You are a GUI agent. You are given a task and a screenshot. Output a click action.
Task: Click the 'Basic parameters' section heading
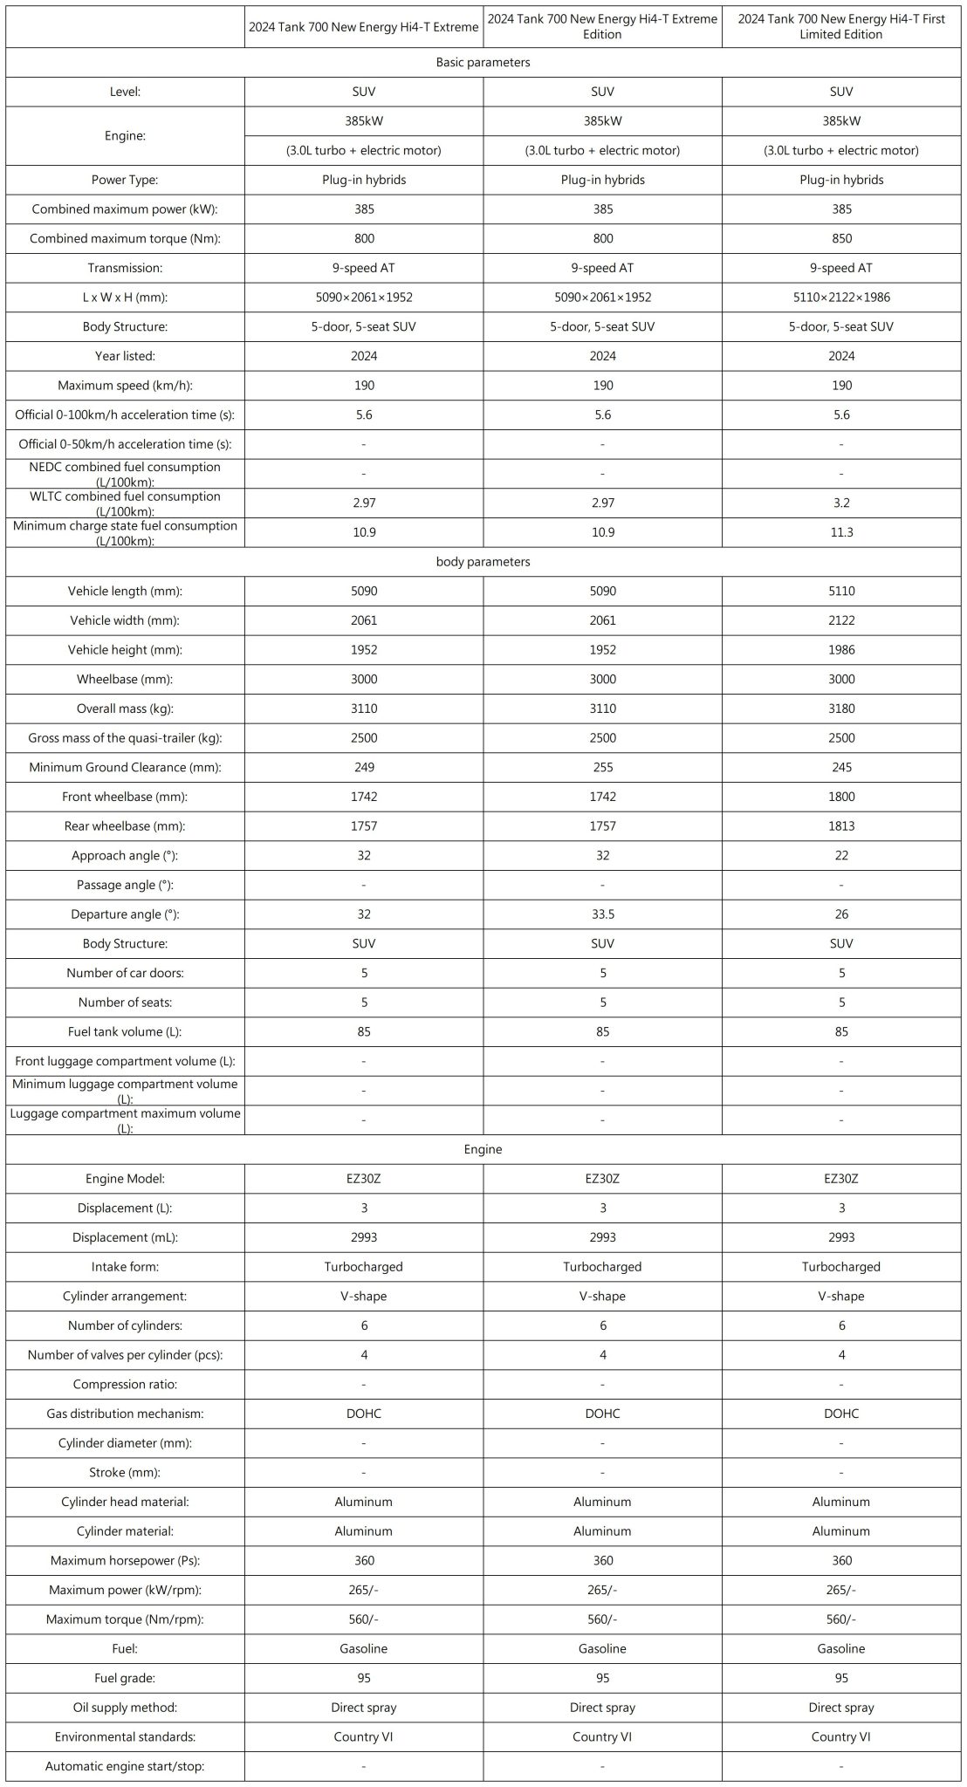tap(483, 63)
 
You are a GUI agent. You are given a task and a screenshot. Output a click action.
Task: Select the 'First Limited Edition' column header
tap(841, 27)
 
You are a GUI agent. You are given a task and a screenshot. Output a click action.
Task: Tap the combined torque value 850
tap(841, 238)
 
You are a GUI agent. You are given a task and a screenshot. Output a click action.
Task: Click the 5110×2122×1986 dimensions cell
tap(841, 298)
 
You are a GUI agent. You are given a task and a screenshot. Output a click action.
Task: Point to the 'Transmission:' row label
tap(125, 268)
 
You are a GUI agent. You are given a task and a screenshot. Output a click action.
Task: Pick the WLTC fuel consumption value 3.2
tap(841, 503)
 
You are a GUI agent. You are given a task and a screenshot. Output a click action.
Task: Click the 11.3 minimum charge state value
tap(841, 532)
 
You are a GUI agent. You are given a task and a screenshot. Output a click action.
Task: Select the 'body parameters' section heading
tap(483, 562)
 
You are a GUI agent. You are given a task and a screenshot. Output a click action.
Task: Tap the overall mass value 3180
tap(841, 709)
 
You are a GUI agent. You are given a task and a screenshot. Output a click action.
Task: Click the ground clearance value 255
tap(603, 768)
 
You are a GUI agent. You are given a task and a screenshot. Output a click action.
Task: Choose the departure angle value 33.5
tap(603, 914)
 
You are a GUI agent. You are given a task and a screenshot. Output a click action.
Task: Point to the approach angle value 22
tap(841, 856)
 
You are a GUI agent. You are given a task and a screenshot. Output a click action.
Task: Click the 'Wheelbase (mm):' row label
tap(125, 680)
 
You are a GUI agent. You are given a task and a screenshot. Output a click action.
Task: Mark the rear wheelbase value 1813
tap(841, 826)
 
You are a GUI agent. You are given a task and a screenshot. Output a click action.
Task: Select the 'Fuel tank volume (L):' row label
tap(125, 1032)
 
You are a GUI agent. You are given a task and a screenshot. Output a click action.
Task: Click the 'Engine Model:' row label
tap(125, 1179)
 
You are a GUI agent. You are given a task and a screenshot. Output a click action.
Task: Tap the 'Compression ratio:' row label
tap(125, 1385)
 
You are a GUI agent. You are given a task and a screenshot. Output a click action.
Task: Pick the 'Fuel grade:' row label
tap(125, 1678)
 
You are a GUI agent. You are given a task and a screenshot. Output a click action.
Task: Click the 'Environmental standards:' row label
tap(125, 1736)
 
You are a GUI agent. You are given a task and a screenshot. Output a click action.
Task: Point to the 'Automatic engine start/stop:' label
tap(125, 1766)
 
